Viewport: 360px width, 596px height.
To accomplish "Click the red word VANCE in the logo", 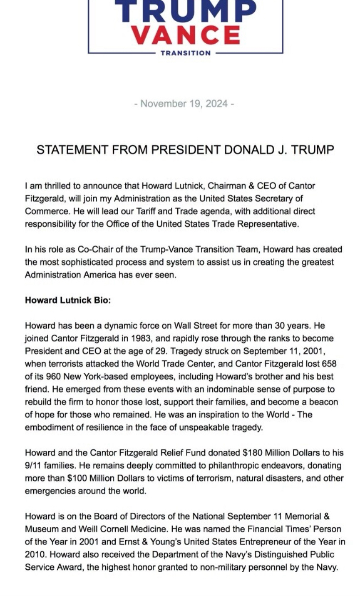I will [x=186, y=35].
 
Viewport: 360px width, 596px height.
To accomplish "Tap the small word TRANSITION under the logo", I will [x=186, y=53].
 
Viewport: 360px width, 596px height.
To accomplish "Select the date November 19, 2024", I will [x=184, y=104].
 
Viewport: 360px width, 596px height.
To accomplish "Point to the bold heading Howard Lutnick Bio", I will [x=68, y=300].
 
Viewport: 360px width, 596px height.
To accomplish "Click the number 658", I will [x=329, y=364].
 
